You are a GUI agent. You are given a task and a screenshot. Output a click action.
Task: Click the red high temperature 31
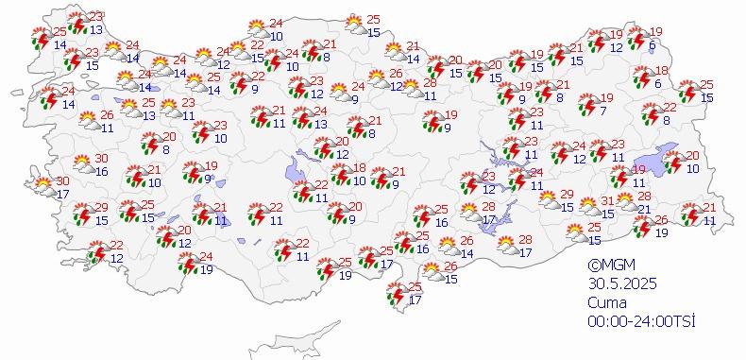click(x=610, y=200)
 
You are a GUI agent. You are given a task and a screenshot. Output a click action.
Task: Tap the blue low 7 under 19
click(x=602, y=111)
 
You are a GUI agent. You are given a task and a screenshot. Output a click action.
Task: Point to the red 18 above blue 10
click(x=359, y=167)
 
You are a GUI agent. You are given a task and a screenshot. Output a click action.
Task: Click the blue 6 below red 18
click(x=658, y=83)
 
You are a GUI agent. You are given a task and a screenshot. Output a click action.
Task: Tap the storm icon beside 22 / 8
click(x=652, y=114)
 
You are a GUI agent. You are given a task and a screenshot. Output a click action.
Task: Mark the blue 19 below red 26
click(x=662, y=231)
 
